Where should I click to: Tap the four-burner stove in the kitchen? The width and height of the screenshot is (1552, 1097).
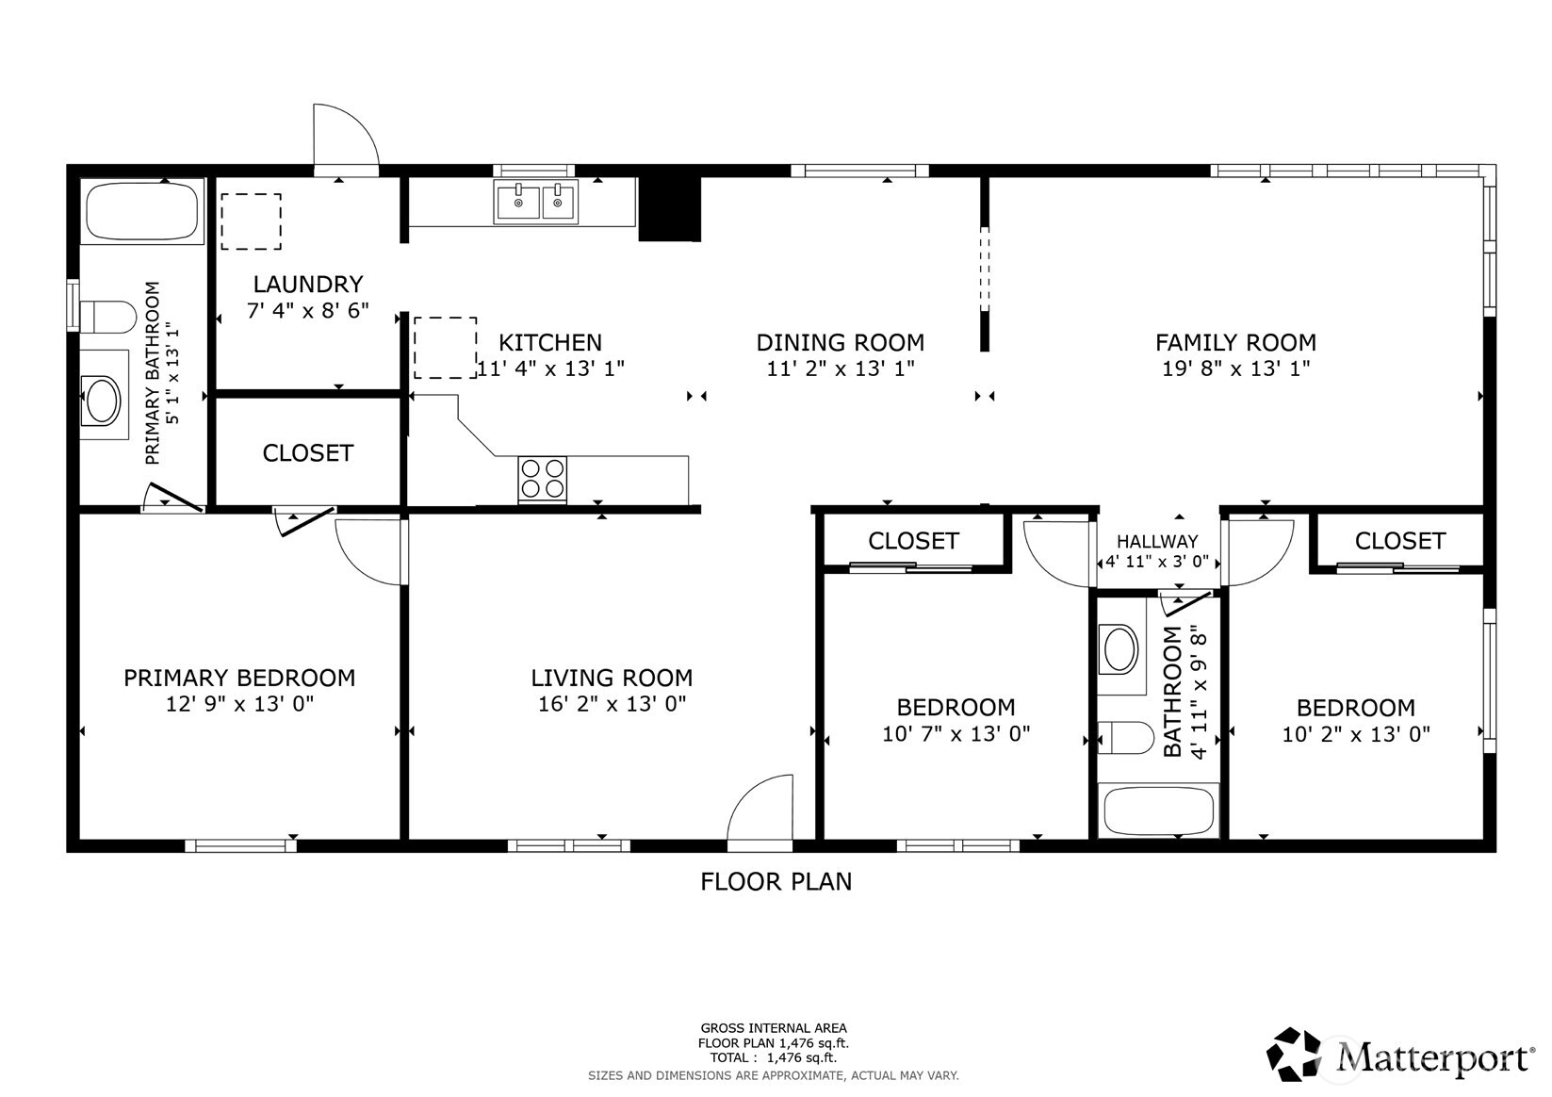pyautogui.click(x=543, y=479)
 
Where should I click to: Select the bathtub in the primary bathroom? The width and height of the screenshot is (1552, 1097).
pyautogui.click(x=142, y=212)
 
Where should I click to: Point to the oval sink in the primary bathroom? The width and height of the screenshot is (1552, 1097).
pyautogui.click(x=101, y=401)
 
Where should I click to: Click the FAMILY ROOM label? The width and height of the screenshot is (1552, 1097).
pyautogui.click(x=1235, y=342)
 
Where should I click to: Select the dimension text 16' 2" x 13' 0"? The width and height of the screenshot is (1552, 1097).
pyautogui.click(x=612, y=703)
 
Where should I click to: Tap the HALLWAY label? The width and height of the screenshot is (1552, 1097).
pyautogui.click(x=1157, y=541)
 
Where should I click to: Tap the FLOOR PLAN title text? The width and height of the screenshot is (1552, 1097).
pyautogui.click(x=776, y=881)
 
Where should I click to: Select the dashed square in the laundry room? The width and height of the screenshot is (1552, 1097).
pyautogui.click(x=251, y=221)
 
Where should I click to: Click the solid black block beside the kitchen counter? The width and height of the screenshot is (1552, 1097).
pyautogui.click(x=670, y=208)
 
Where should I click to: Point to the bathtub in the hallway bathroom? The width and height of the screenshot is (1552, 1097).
pyautogui.click(x=1160, y=810)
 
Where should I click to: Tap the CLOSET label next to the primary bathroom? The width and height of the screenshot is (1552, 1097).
pyautogui.click(x=307, y=453)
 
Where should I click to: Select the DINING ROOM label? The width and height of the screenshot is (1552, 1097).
pyautogui.click(x=840, y=342)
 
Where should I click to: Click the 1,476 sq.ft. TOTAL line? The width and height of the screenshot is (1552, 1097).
pyautogui.click(x=773, y=1057)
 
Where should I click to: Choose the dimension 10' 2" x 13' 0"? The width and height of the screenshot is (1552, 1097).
pyautogui.click(x=1355, y=733)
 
